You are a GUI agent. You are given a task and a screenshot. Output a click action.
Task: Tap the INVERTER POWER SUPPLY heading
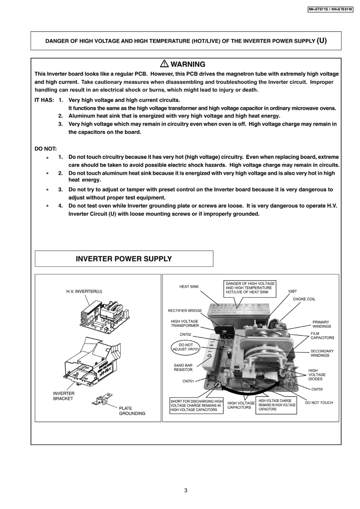click(124, 259)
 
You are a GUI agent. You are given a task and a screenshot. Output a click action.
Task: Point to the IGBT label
click(293, 291)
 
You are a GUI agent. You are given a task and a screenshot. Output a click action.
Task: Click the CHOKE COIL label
click(304, 299)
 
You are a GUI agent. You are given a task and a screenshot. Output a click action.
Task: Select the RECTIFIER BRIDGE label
click(185, 311)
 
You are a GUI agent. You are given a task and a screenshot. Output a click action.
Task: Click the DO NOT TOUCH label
click(319, 403)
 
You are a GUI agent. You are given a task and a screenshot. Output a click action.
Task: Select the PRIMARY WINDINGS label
click(321, 324)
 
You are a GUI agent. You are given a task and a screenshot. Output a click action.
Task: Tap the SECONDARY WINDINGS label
click(322, 353)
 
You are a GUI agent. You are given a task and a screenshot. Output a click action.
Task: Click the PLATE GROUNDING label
click(132, 411)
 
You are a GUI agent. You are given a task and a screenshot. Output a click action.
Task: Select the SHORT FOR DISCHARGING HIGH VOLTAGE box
click(197, 406)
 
